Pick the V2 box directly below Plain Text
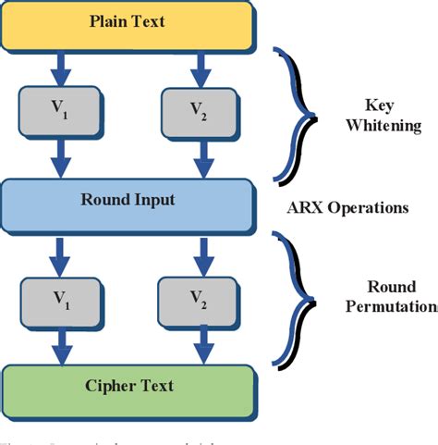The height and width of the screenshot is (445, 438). click(198, 113)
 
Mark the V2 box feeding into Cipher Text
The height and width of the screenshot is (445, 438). click(198, 298)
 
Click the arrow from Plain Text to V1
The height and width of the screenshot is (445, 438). click(60, 68)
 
